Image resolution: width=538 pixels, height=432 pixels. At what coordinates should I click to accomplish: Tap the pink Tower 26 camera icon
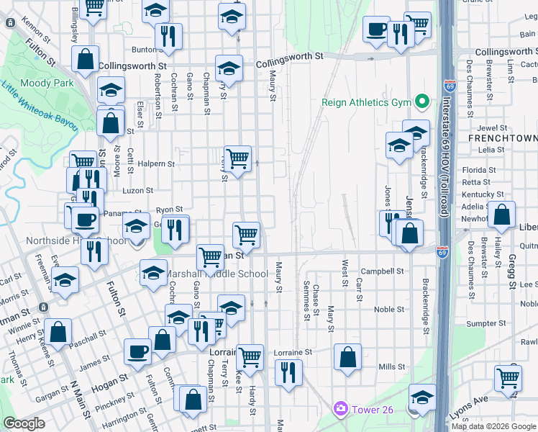(x=340, y=409)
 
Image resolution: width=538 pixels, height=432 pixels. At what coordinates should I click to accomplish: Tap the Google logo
(x=24, y=423)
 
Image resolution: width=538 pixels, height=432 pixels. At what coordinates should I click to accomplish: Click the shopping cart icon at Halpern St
(x=237, y=158)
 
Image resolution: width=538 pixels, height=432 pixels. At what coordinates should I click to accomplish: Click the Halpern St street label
(x=157, y=164)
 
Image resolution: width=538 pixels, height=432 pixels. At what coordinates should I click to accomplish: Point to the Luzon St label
(x=138, y=191)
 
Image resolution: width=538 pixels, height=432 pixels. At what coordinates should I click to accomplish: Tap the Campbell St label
(x=382, y=271)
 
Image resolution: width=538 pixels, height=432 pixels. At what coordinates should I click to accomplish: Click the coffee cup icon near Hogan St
(x=137, y=351)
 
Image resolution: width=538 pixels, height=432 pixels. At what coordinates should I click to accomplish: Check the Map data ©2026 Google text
(x=493, y=426)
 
